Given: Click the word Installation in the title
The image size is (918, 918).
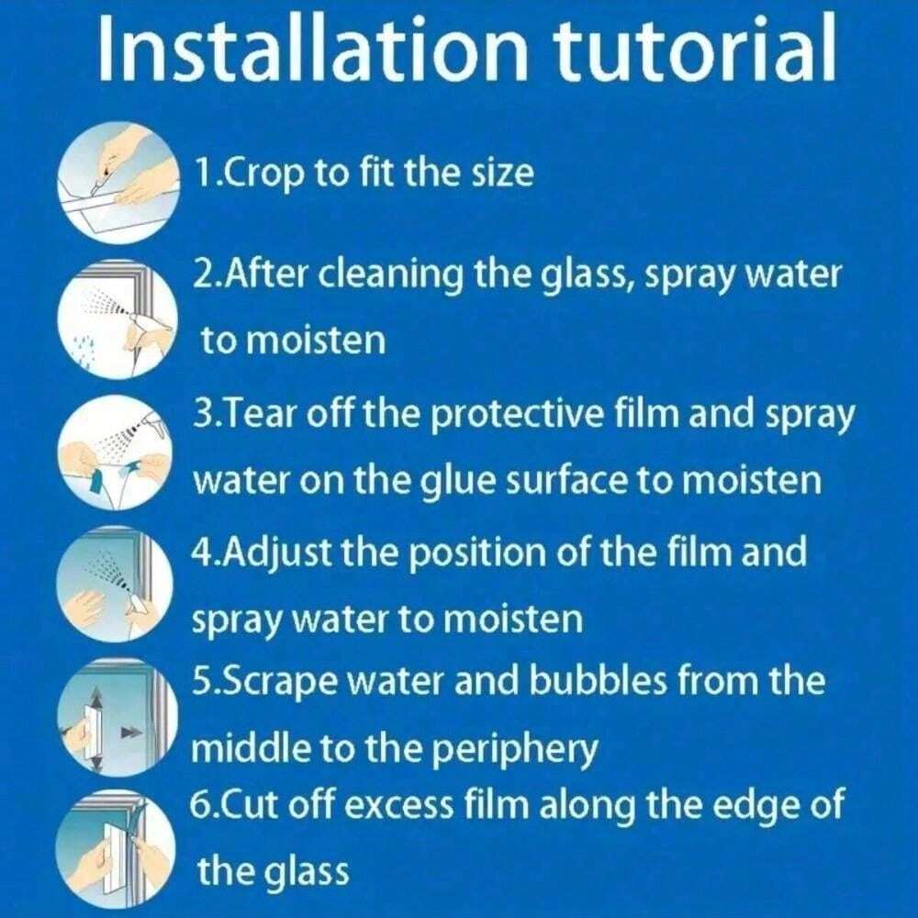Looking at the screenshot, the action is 311,48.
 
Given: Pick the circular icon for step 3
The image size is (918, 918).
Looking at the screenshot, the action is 116,453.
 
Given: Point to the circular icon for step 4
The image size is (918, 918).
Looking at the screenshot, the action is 116,585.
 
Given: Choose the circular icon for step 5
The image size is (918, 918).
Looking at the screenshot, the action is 116,718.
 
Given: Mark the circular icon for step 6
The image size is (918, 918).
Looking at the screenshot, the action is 116,850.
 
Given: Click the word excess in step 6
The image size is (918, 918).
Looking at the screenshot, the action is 397,807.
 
